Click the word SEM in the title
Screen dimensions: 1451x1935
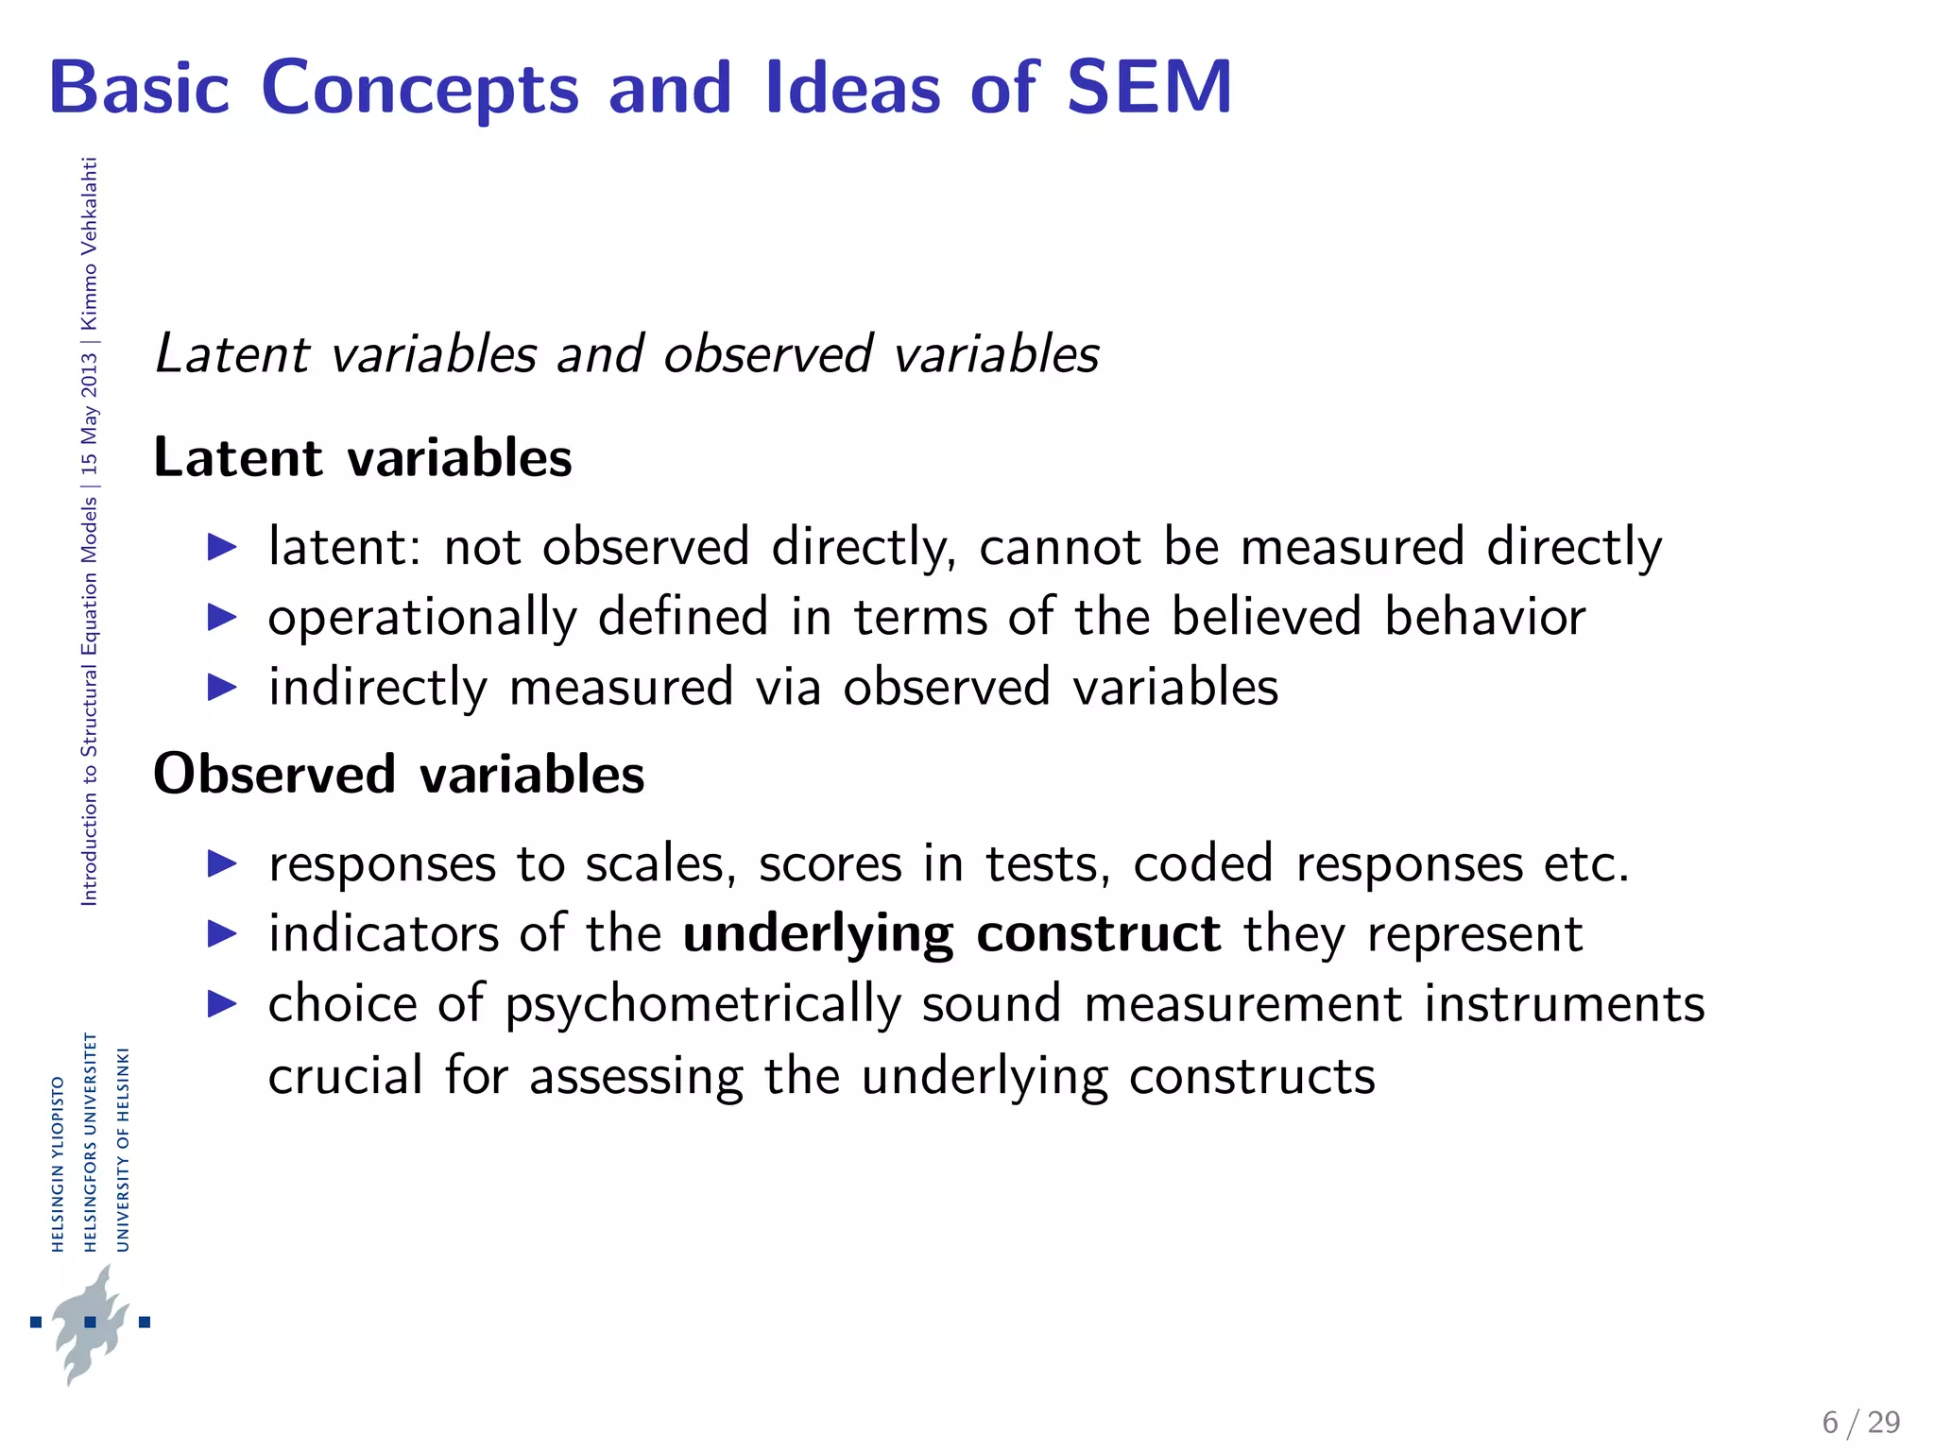coord(1149,87)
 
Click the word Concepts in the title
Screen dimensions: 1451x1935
coord(420,89)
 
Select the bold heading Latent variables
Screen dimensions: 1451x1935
coord(363,458)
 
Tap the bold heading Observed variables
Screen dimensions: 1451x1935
coord(399,775)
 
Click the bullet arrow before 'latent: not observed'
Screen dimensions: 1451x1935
coord(222,547)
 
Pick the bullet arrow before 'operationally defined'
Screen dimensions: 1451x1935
coord(222,618)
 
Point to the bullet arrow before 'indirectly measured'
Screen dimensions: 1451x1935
coord(222,688)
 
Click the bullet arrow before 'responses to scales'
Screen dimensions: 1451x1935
coord(222,863)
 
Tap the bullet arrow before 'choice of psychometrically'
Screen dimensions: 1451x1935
coord(222,1004)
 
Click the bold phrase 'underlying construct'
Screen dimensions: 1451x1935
coord(951,934)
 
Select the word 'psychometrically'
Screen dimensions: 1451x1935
coord(703,1005)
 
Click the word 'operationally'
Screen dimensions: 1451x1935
coord(422,618)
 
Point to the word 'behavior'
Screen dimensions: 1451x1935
coord(1484,618)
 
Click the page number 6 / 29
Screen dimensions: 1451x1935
coord(1860,1423)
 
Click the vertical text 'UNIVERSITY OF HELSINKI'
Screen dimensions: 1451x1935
coord(122,1149)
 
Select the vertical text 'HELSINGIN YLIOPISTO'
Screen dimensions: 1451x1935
coord(58,1164)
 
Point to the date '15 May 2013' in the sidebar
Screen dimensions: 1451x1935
coord(89,413)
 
